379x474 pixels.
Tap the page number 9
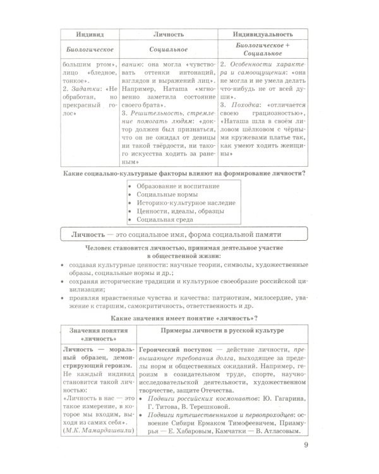click(x=306, y=451)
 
